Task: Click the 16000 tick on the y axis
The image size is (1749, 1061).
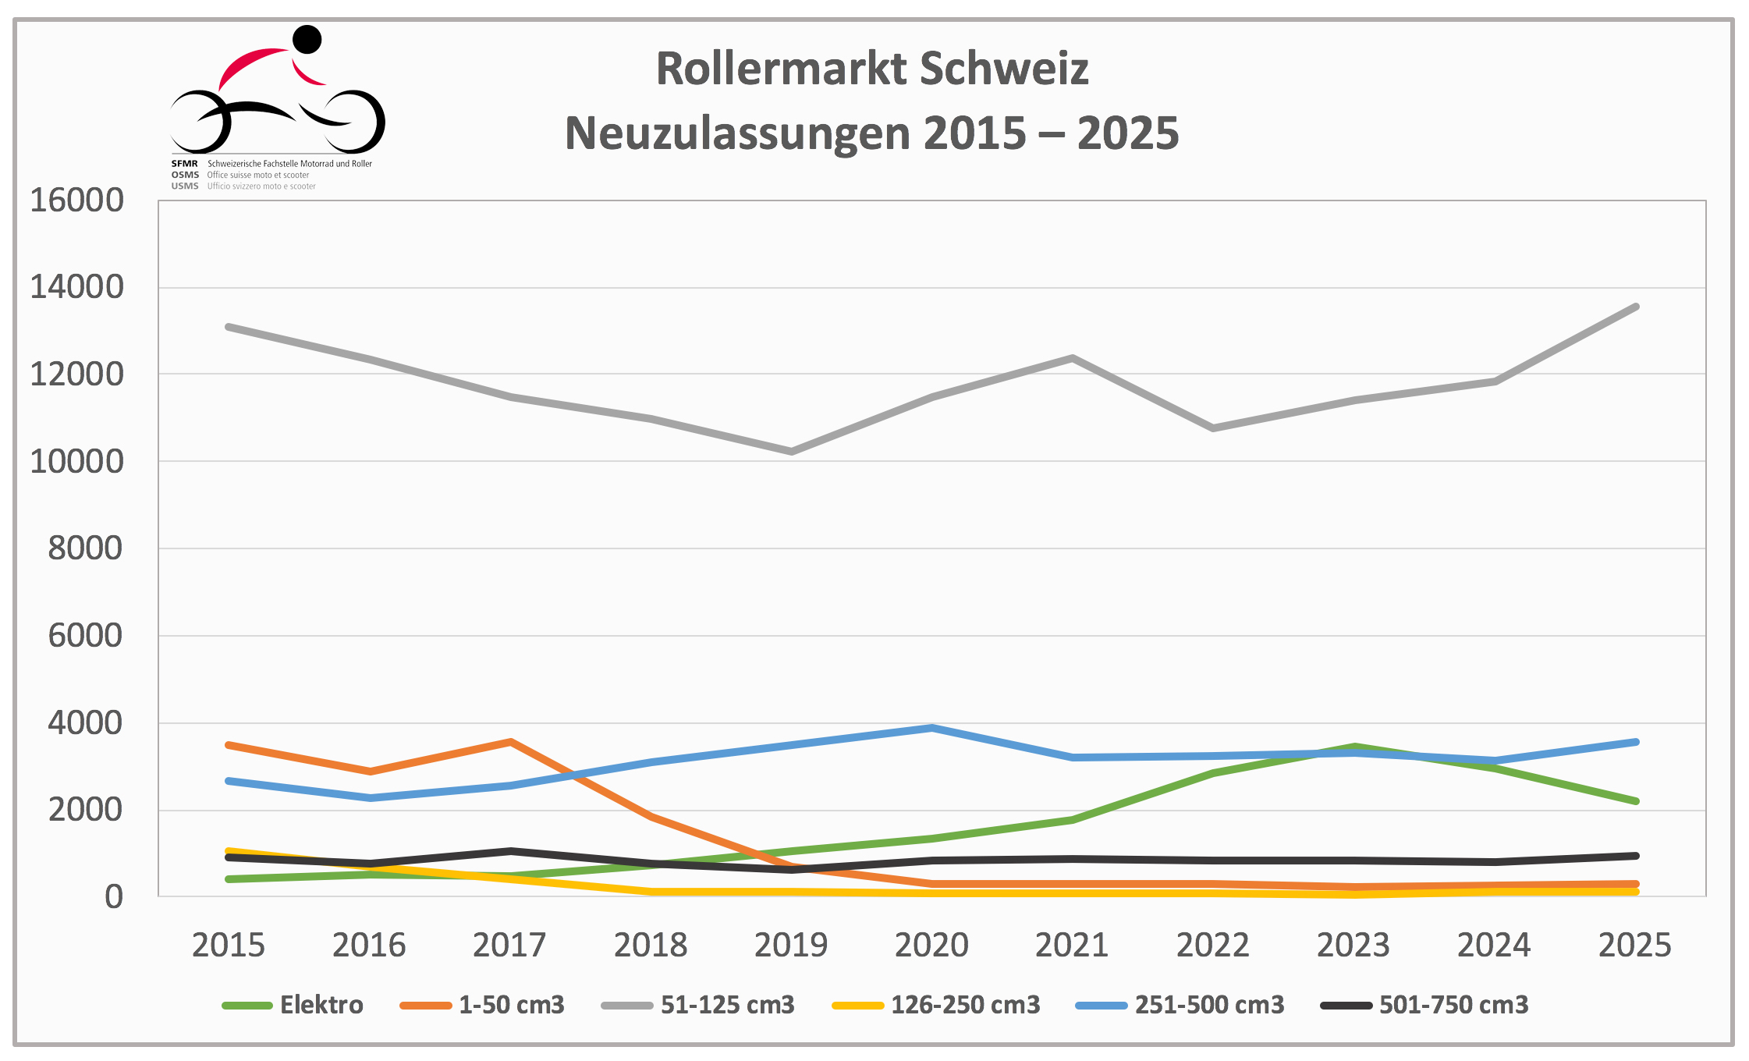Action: pyautogui.click(x=76, y=200)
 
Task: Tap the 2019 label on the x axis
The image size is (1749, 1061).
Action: pyautogui.click(x=790, y=945)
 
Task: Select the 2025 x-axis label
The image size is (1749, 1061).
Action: pyautogui.click(x=1634, y=945)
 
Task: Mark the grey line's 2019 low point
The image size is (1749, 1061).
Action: pyautogui.click(x=791, y=452)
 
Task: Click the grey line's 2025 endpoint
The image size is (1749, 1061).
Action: pyautogui.click(x=1636, y=307)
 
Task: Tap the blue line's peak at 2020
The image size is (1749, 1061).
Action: pyautogui.click(x=932, y=728)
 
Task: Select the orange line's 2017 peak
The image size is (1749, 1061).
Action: pyautogui.click(x=510, y=741)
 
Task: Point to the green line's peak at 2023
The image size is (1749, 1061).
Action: pyautogui.click(x=1354, y=747)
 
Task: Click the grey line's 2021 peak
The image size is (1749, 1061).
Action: pyautogui.click(x=1073, y=358)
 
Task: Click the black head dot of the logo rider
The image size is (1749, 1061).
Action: pyautogui.click(x=307, y=40)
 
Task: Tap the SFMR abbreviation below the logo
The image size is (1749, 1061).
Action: pyautogui.click(x=185, y=164)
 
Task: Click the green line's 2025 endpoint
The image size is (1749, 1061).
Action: pyautogui.click(x=1636, y=801)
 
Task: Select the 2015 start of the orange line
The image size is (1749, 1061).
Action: pyautogui.click(x=228, y=745)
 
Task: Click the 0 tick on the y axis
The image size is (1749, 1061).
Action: pyautogui.click(x=114, y=897)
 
